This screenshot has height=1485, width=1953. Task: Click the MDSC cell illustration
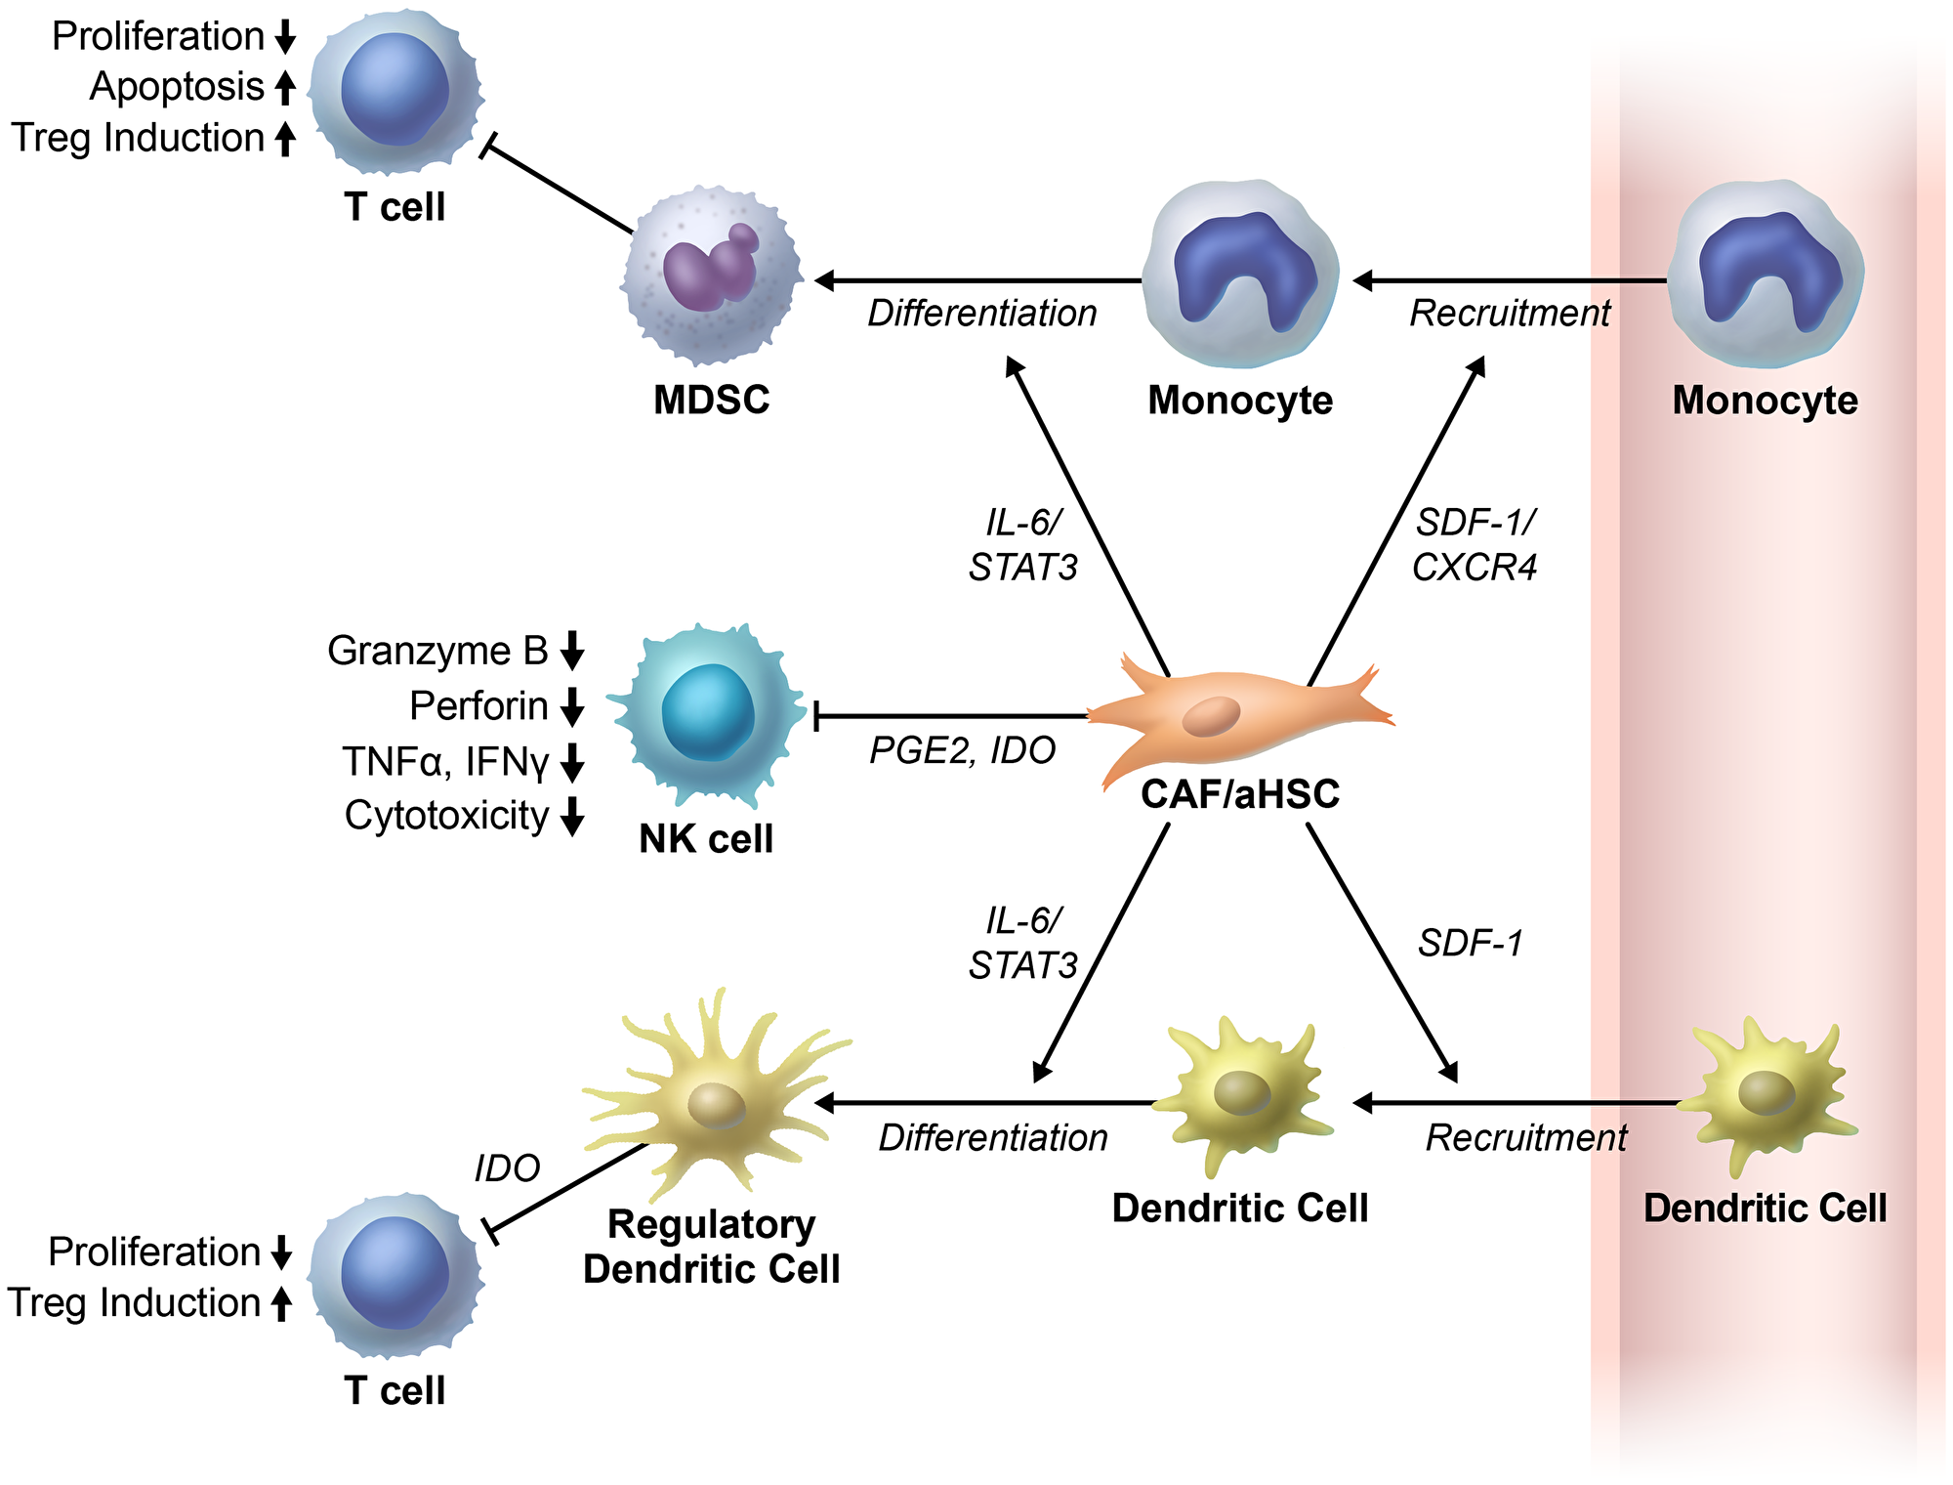click(712, 276)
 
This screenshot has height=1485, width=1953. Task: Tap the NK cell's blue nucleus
click(708, 712)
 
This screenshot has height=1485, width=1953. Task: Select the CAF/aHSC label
click(1240, 794)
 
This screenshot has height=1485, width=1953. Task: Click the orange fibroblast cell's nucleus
click(1211, 717)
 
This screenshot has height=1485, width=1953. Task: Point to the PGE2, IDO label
click(963, 750)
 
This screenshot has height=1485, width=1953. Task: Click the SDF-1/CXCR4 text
click(1475, 545)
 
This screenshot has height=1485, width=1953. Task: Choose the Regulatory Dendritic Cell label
click(711, 1247)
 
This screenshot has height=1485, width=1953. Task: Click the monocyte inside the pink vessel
click(1766, 274)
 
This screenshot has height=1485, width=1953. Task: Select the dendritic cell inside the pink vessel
click(1767, 1094)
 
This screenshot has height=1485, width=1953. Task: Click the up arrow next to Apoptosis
click(285, 87)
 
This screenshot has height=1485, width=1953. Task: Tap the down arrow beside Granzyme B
click(573, 651)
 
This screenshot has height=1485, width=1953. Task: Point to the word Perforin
click(478, 705)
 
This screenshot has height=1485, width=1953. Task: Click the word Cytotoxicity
click(447, 816)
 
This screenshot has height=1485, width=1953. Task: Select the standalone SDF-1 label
click(1471, 944)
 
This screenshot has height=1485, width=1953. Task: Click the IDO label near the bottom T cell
click(507, 1168)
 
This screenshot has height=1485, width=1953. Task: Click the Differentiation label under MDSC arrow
click(982, 314)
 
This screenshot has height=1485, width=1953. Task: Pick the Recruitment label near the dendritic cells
click(1526, 1138)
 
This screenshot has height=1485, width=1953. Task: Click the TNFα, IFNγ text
click(447, 761)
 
